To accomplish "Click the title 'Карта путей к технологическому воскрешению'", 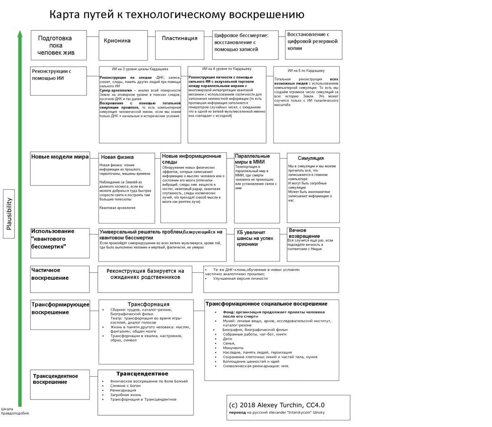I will point(176,15).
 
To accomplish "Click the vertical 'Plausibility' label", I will point(9,213).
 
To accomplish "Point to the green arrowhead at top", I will point(20,34).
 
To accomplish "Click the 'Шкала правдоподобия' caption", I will point(14,411).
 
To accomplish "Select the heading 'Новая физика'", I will point(117,157).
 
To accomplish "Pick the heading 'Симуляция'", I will point(311,158).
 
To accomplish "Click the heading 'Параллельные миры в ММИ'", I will point(252,159).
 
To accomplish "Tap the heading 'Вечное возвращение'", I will point(304,233).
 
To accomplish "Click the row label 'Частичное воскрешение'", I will point(50,274).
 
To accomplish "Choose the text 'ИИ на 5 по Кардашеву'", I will point(306,71).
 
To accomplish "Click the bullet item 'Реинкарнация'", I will point(123,390).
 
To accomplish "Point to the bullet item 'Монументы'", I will point(233,348).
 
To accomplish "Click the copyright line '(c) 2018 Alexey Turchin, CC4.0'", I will point(276,405).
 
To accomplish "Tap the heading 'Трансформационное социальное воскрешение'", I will point(266,304).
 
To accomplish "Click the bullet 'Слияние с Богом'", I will point(125,386).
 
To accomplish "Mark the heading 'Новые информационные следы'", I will point(191,159).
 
